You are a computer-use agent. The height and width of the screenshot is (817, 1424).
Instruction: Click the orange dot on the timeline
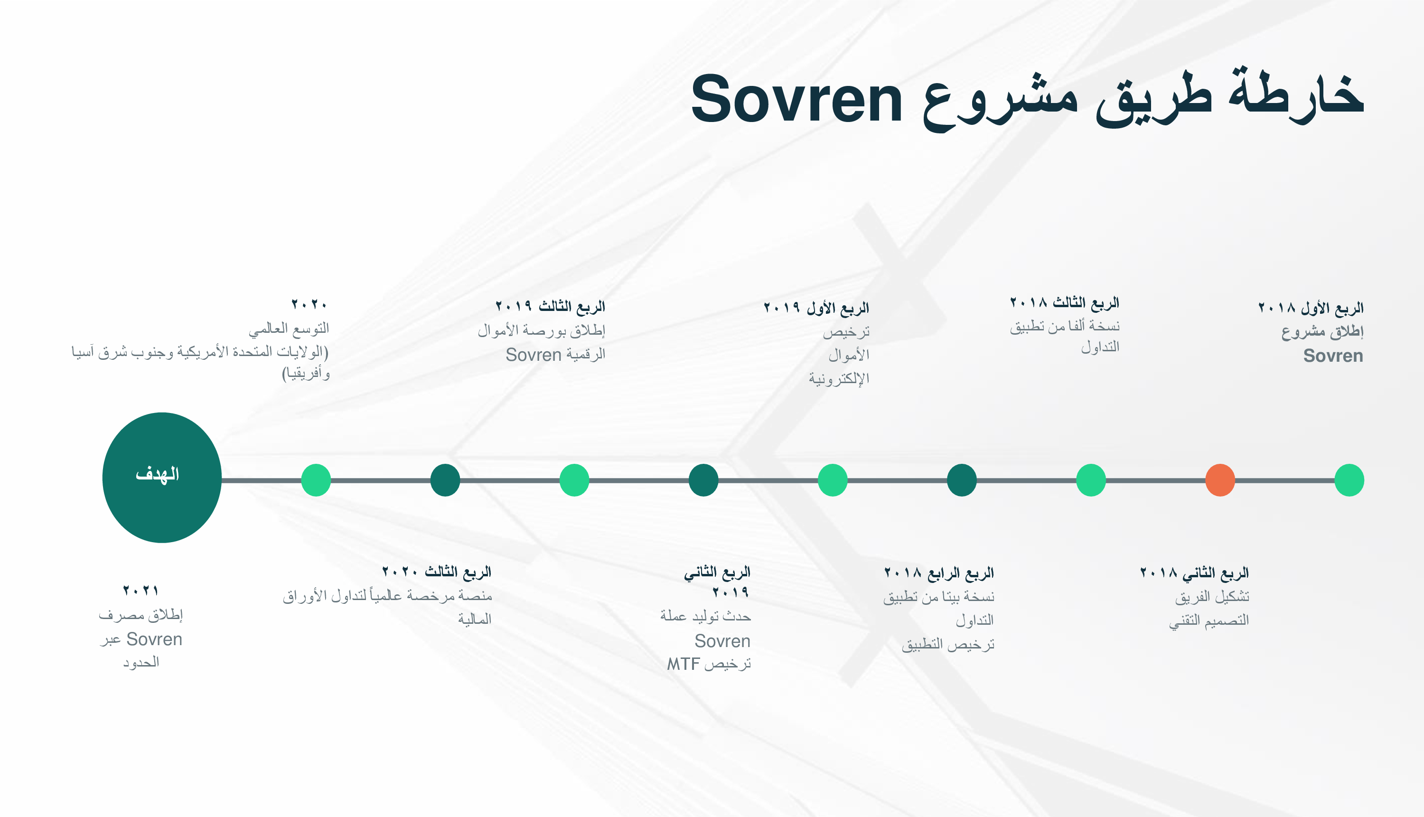tap(1220, 480)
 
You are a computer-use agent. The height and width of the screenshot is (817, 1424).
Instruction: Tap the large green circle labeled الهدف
tap(162, 478)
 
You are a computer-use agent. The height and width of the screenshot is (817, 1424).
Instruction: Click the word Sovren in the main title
tap(796, 100)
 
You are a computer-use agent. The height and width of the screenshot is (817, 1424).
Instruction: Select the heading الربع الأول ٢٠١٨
tap(1310, 308)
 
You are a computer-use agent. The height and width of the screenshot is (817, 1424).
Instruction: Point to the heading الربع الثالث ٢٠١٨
tap(1064, 302)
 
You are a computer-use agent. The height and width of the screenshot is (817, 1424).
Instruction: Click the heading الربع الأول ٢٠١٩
tap(816, 308)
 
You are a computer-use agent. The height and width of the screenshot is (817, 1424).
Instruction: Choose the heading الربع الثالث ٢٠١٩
tap(550, 306)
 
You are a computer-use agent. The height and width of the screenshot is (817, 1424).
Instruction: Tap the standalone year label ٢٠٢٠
tap(309, 305)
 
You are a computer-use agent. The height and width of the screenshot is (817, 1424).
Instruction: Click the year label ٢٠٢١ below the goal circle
tap(141, 590)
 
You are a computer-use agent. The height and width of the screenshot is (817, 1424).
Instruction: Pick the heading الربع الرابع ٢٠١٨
tap(939, 573)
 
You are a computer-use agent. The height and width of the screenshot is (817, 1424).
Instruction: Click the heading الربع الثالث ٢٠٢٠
tap(437, 571)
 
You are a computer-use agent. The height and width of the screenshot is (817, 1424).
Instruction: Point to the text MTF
tap(684, 664)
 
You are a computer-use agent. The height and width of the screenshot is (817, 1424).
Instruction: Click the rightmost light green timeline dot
tap(1349, 480)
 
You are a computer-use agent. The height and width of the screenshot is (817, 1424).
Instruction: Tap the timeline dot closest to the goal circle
tap(316, 480)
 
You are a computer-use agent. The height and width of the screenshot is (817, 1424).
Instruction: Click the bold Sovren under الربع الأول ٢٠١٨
tap(1333, 356)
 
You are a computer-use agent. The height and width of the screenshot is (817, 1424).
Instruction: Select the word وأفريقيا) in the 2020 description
tap(306, 374)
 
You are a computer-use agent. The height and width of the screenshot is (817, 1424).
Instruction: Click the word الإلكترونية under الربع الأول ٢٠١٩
tap(839, 379)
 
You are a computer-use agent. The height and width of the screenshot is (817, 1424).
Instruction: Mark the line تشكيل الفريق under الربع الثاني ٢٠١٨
tap(1212, 596)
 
